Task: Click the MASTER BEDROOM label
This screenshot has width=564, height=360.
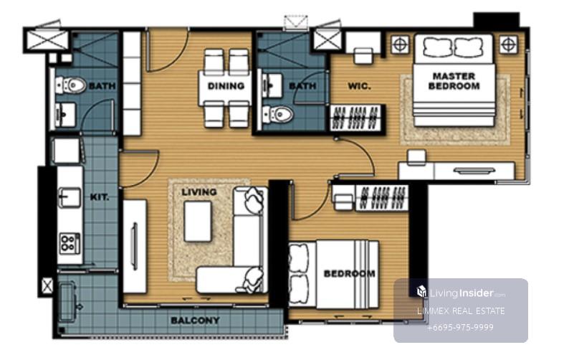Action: coord(454,81)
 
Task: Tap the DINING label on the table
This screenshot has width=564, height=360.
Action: coord(226,85)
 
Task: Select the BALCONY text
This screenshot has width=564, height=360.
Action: coord(195,320)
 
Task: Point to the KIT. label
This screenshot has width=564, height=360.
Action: coord(100,197)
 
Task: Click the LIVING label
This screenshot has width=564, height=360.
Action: coord(199,192)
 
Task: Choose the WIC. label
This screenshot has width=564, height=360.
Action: coord(359,86)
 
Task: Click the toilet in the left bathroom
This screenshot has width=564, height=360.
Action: coord(71,85)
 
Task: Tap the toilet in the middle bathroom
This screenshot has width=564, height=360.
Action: coord(277,114)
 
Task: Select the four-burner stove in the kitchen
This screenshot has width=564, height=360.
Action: coord(70,243)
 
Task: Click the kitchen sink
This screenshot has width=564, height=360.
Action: coord(70,197)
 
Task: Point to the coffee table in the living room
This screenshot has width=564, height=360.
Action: coord(198,222)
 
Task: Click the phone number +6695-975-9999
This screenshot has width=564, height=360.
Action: coord(460,328)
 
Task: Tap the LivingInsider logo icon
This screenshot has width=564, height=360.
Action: coord(421,291)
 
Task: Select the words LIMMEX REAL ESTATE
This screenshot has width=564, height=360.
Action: coord(461,311)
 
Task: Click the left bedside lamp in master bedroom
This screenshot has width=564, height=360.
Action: coord(400,44)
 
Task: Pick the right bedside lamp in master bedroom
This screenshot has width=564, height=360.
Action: coord(508,44)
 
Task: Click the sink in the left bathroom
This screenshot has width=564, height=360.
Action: coord(65,115)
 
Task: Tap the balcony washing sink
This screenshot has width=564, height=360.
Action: coord(69,303)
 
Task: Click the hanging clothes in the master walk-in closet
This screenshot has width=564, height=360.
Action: coord(356,118)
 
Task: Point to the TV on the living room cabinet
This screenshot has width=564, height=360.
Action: coord(135,246)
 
